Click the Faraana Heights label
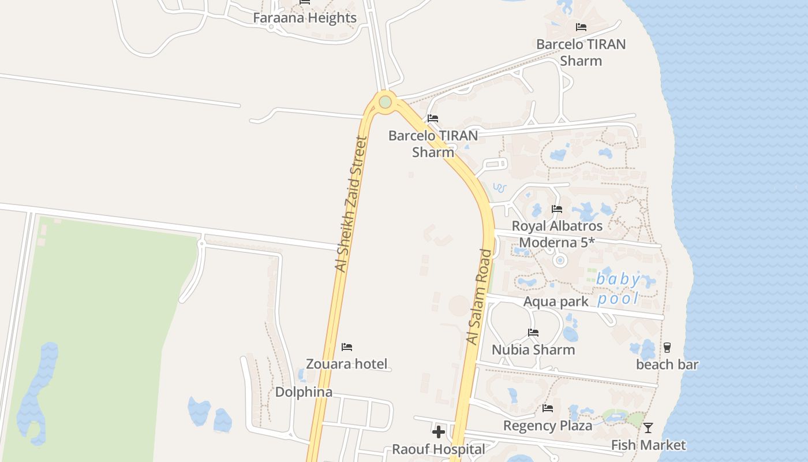click(x=305, y=18)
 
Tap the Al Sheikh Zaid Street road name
click(x=351, y=204)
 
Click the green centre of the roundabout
click(x=385, y=103)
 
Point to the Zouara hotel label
click(x=346, y=364)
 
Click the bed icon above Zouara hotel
click(x=347, y=347)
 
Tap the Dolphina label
click(x=304, y=392)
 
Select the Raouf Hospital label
click(x=439, y=449)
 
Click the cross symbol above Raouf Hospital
click(x=439, y=431)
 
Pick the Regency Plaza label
click(x=548, y=426)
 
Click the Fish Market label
click(x=648, y=445)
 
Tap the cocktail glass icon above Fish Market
click(x=648, y=428)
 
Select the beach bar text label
click(x=667, y=364)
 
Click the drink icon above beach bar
click(x=667, y=347)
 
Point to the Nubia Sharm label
click(x=533, y=350)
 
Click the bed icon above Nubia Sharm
click(x=533, y=333)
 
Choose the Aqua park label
click(x=556, y=301)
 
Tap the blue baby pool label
click(x=618, y=289)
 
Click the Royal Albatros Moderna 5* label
click(x=557, y=234)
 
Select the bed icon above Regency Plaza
click(x=548, y=408)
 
